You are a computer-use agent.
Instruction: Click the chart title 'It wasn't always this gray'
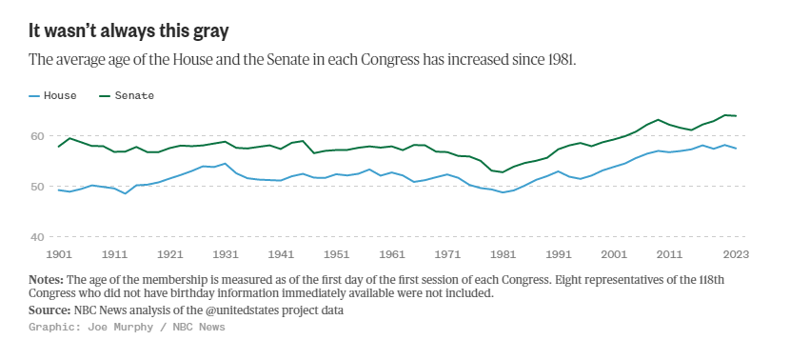tap(128, 30)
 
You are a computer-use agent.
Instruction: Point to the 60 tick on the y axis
tap(37, 136)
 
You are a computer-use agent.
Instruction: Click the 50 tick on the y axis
tap(37, 187)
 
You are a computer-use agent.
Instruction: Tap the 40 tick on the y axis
tap(37, 237)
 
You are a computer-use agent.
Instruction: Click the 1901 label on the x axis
tap(59, 254)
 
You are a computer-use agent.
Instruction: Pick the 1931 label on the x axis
tap(225, 254)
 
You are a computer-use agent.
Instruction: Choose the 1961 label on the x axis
tap(391, 254)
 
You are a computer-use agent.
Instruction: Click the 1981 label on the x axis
tap(503, 254)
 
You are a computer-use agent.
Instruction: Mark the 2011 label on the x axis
tap(668, 254)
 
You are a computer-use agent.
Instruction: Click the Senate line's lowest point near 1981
tap(503, 172)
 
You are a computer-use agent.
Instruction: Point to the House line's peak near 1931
tap(225, 164)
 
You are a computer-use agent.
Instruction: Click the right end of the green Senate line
tap(736, 116)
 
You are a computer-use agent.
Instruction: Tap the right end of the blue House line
tap(736, 149)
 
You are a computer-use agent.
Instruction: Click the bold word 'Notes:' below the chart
tap(46, 280)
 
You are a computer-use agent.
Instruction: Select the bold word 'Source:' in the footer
tap(49, 310)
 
